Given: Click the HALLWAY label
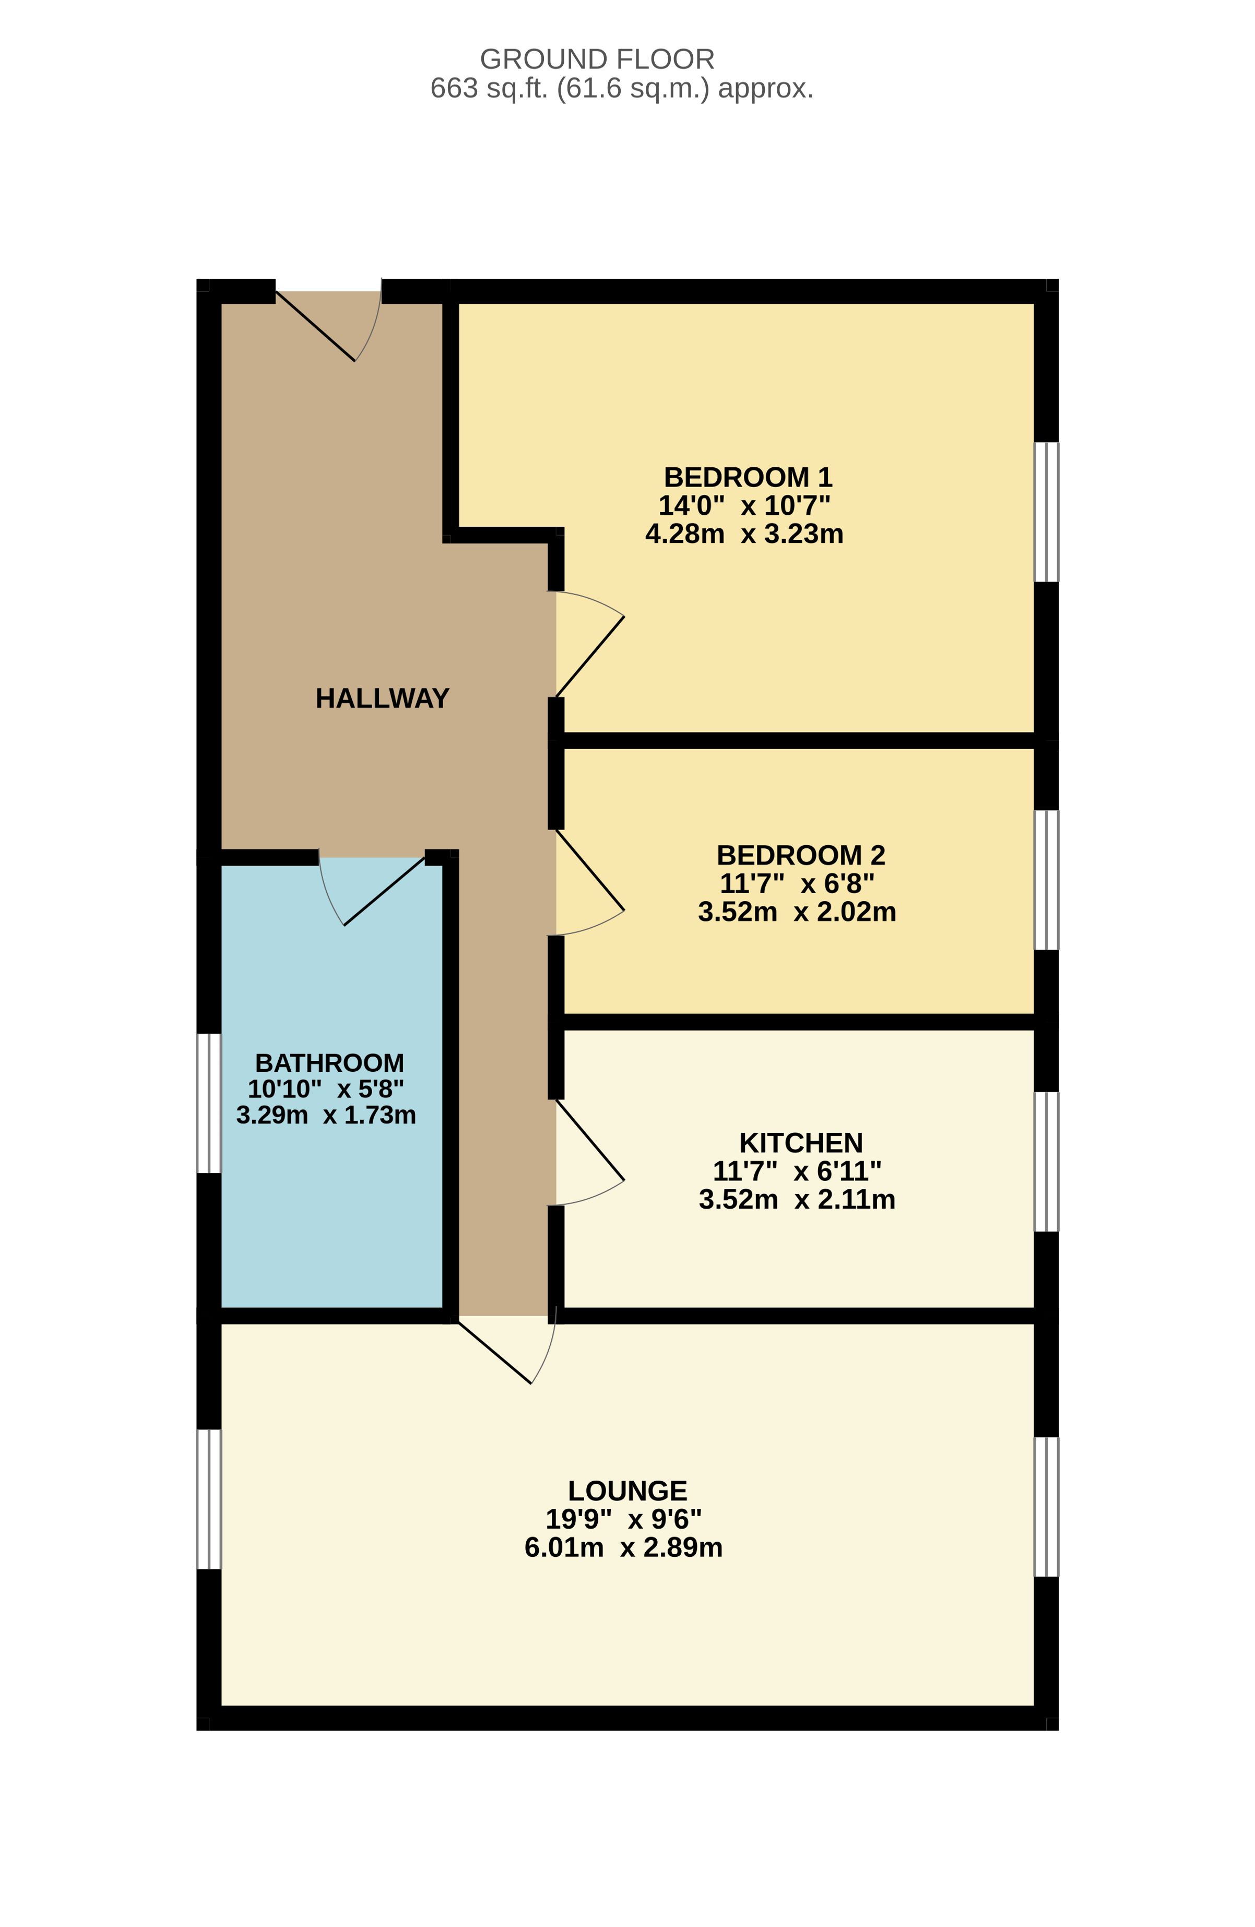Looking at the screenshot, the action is coord(382,698).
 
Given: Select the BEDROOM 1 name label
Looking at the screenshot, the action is coord(748,477).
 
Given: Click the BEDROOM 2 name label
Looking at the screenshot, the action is coord(801,855).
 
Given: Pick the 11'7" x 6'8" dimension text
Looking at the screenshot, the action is coord(798,883).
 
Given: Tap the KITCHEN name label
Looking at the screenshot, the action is coord(801,1142).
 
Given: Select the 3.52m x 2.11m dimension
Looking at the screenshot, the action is coord(798,1199).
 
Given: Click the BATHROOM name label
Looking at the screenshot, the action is coord(329,1062).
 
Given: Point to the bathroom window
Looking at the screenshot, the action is coord(209,1103).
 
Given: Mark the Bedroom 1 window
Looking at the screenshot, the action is coord(1047,512).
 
